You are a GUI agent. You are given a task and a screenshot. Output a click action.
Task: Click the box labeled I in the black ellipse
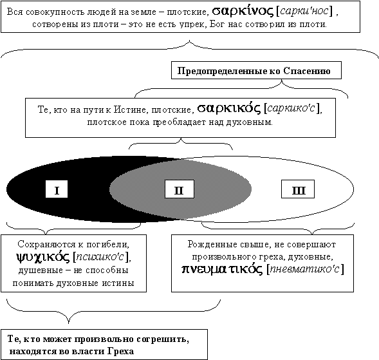(x=57, y=189)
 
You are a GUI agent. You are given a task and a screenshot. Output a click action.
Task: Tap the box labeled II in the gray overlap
(x=180, y=189)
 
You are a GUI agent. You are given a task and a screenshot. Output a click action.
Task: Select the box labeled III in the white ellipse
(x=298, y=189)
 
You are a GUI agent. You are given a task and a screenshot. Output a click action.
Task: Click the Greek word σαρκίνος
(x=243, y=11)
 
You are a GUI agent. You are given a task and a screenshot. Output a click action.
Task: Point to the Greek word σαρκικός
(x=229, y=108)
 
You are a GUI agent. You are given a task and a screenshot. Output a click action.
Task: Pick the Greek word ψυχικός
(x=43, y=257)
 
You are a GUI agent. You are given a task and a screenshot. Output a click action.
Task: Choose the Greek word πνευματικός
(x=222, y=269)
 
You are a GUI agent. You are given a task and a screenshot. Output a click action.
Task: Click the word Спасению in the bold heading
(x=307, y=71)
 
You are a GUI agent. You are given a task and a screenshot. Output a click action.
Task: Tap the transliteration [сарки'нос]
(x=304, y=11)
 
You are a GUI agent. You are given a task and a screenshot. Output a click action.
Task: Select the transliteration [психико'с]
(x=101, y=257)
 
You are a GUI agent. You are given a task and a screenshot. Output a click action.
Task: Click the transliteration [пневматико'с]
(x=305, y=269)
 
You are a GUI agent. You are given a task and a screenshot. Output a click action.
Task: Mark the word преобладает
(x=180, y=122)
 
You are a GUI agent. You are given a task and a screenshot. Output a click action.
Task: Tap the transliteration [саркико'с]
(x=293, y=108)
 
